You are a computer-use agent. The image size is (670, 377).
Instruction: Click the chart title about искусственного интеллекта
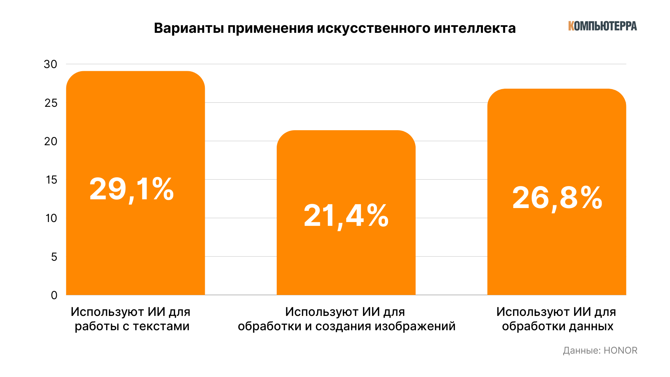point(335,28)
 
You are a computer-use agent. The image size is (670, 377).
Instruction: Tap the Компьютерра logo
point(602,26)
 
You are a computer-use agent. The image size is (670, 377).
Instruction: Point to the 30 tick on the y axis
point(51,64)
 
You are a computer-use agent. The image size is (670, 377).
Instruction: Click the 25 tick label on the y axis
point(51,103)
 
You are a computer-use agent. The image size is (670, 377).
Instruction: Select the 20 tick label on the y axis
point(51,141)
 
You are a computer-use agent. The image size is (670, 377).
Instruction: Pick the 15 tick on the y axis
point(51,180)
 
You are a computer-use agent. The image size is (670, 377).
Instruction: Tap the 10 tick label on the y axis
point(51,218)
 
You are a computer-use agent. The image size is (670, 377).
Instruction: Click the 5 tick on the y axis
point(54,257)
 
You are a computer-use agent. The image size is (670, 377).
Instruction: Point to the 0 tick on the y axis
point(54,295)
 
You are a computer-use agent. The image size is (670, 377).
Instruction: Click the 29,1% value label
point(132,190)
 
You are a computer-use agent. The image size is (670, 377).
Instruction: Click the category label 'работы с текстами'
point(132,326)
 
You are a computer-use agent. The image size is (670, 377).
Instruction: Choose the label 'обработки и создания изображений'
point(347,326)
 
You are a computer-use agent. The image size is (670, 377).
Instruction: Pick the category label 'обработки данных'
point(557,326)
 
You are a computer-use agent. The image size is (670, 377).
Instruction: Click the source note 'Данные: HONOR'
point(600,350)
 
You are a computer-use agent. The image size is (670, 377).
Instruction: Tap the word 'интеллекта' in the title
point(475,28)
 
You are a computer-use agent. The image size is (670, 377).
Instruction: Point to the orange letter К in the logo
point(571,26)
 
